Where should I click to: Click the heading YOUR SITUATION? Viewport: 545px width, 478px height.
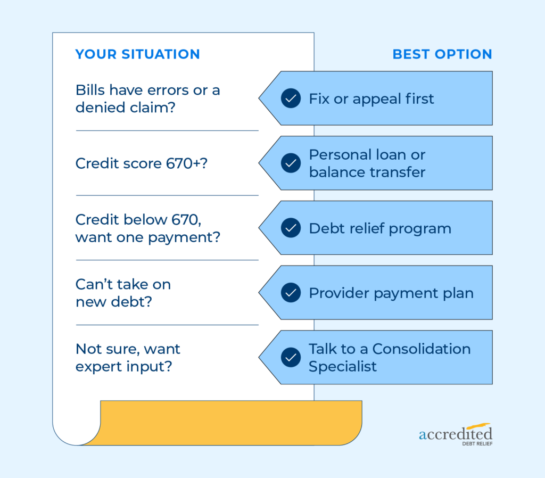(x=138, y=54)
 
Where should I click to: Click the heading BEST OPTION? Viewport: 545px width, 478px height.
(x=442, y=54)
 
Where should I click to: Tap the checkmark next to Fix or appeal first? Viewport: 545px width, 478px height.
(x=291, y=98)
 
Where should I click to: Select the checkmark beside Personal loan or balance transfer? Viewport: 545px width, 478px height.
(x=291, y=163)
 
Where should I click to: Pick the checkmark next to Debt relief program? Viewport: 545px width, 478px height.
(x=291, y=228)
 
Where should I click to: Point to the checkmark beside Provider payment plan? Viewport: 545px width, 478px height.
(x=291, y=293)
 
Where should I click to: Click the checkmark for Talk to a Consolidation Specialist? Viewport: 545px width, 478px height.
(x=291, y=357)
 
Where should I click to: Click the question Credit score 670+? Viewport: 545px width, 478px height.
(x=142, y=163)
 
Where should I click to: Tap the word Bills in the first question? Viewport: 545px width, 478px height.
(x=90, y=90)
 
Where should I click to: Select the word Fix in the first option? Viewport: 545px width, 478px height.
(x=319, y=98)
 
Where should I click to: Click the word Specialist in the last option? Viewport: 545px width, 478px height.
(x=343, y=366)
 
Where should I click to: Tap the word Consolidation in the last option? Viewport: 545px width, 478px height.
(x=422, y=349)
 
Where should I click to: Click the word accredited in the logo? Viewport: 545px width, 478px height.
(x=456, y=434)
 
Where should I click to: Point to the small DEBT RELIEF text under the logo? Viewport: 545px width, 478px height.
(x=477, y=444)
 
